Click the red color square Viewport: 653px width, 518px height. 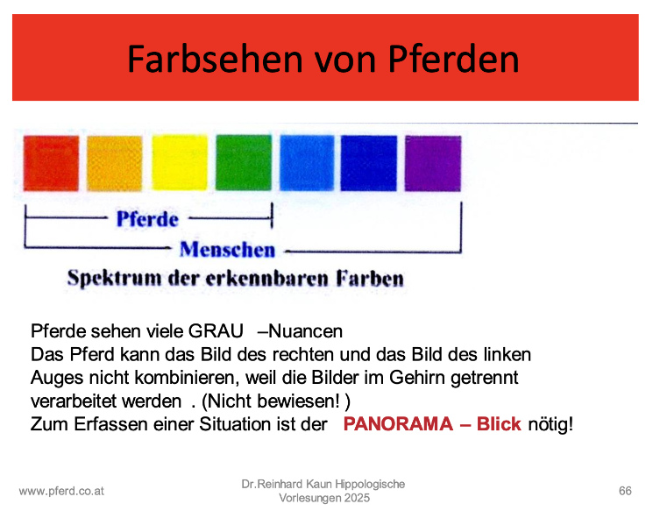click(51, 163)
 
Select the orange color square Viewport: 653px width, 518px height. click(115, 163)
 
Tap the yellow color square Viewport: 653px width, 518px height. click(180, 162)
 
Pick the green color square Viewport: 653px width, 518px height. click(244, 162)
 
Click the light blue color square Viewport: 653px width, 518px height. click(307, 163)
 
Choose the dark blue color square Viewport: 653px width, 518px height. click(369, 163)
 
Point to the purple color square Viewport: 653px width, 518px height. click(433, 163)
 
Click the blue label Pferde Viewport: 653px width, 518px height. click(147, 219)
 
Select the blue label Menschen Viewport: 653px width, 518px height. click(227, 250)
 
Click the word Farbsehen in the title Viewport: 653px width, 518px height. click(215, 59)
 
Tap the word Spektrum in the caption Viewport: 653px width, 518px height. click(115, 279)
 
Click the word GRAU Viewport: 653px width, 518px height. click(216, 331)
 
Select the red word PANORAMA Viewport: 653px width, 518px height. click(398, 424)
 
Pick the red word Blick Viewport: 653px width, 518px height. click(499, 424)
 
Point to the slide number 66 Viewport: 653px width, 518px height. click(625, 491)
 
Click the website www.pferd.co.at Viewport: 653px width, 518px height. click(61, 492)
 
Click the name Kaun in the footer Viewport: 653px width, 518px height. click(318, 485)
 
